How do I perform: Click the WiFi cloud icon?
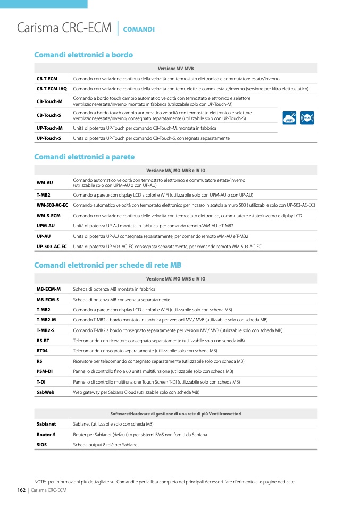[x=290, y=117]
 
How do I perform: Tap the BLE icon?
[x=307, y=117]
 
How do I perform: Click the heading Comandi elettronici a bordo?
[x=83, y=55]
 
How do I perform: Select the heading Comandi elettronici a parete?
[x=84, y=157]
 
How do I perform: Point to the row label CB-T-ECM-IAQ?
[x=52, y=89]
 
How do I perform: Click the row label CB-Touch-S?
[x=48, y=115]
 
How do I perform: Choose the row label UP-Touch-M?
[x=49, y=128]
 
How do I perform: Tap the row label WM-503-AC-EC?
[x=52, y=205]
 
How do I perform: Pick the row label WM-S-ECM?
[x=48, y=216]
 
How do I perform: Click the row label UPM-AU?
[x=45, y=226]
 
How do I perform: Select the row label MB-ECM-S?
[x=48, y=299]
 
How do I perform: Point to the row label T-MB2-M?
[x=46, y=320]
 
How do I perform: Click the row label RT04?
[x=42, y=351]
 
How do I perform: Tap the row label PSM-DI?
[x=44, y=371]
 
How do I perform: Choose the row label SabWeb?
[x=45, y=392]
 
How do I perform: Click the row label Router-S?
[x=46, y=434]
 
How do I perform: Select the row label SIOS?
[x=41, y=444]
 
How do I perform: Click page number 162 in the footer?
[x=21, y=490]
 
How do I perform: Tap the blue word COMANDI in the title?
[x=139, y=29]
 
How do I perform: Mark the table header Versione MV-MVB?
[x=175, y=69]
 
